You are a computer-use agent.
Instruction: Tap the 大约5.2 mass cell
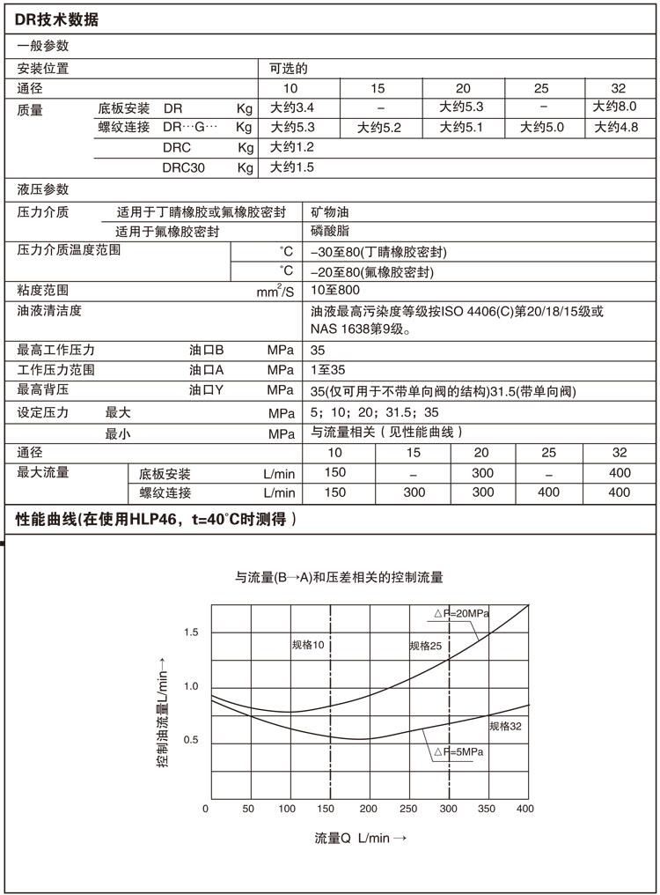(379, 128)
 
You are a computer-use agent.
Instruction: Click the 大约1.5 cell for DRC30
(292, 167)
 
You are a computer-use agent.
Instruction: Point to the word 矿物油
(329, 212)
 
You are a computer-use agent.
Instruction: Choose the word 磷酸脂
(329, 231)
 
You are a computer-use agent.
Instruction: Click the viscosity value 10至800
(335, 289)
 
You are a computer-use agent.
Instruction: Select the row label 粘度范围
(43, 290)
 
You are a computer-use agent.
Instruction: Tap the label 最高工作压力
(55, 350)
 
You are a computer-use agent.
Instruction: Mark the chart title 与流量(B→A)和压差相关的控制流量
(338, 578)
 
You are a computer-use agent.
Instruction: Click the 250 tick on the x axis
(408, 809)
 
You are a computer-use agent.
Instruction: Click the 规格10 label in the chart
(309, 646)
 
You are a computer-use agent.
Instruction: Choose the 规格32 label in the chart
(505, 726)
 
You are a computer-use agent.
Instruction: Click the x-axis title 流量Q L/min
(360, 838)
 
